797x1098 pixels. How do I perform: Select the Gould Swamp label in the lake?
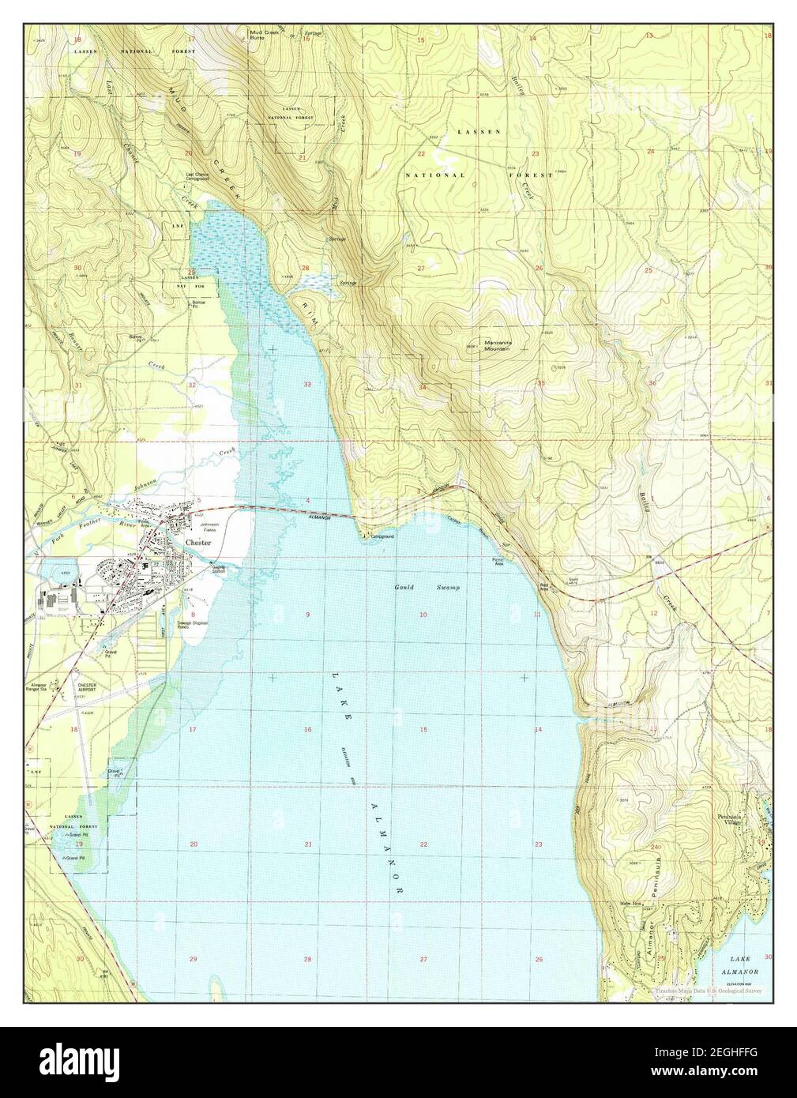427,588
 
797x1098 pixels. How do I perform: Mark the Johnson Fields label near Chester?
209,528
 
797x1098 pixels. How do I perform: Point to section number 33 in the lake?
307,384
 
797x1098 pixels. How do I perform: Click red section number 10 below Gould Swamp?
423,615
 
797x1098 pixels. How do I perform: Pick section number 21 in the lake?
308,845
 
